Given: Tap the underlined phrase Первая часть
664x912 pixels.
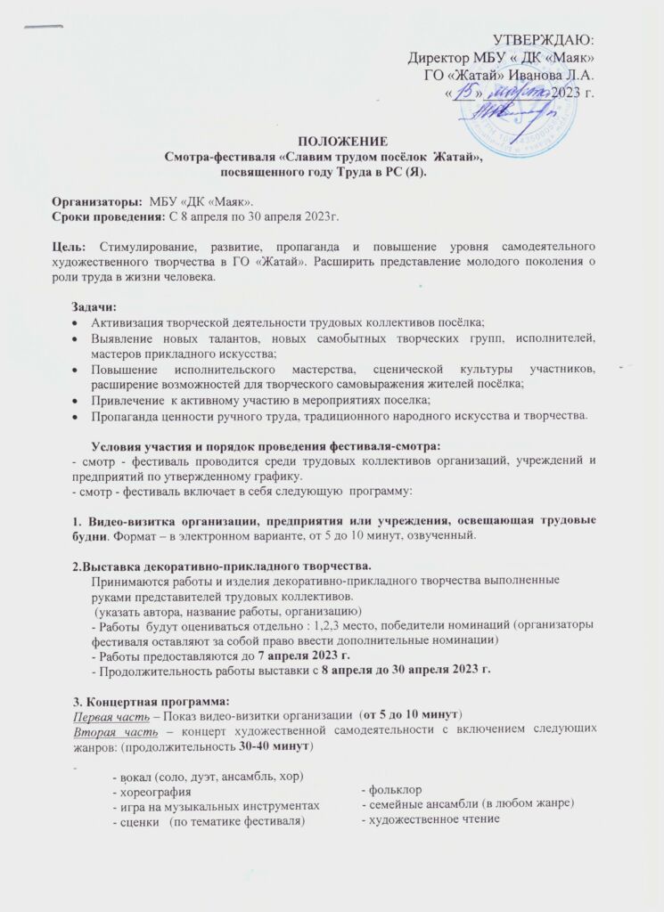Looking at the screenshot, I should point(101,714).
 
